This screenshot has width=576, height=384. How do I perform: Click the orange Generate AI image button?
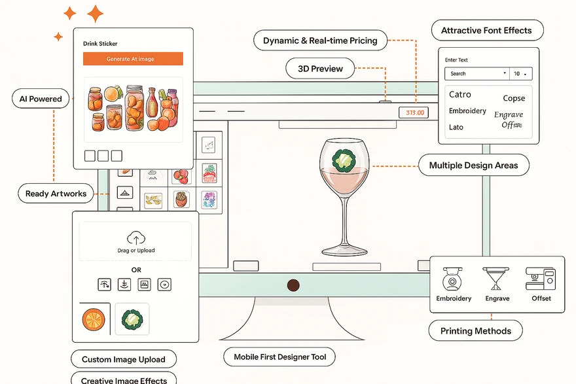tap(133, 59)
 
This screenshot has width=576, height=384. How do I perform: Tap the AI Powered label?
tap(41, 99)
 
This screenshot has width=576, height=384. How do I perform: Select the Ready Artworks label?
tap(56, 194)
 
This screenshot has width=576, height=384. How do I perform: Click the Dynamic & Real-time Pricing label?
tap(320, 41)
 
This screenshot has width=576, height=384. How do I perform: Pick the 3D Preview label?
tap(319, 68)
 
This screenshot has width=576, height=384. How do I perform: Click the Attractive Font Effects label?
tap(486, 31)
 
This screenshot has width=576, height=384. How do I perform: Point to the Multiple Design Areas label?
tap(473, 166)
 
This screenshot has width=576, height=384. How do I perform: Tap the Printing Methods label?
tap(475, 331)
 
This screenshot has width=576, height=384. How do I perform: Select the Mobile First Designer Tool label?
tap(279, 357)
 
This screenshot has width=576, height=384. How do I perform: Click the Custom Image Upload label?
tap(124, 359)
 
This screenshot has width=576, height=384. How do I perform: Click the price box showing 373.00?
tap(415, 113)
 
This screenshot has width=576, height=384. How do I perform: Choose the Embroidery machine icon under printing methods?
tap(453, 279)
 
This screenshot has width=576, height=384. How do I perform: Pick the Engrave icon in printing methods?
tap(497, 279)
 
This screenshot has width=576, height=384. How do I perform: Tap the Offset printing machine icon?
tap(541, 279)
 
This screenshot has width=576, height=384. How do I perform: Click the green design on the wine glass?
tap(342, 160)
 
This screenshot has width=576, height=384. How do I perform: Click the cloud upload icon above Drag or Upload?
tap(136, 238)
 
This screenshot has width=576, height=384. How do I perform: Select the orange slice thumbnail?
tap(94, 319)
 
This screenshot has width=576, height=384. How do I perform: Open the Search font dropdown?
tap(477, 74)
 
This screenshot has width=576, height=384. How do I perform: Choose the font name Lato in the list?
tap(456, 127)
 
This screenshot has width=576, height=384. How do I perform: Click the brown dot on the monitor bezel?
tap(293, 285)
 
